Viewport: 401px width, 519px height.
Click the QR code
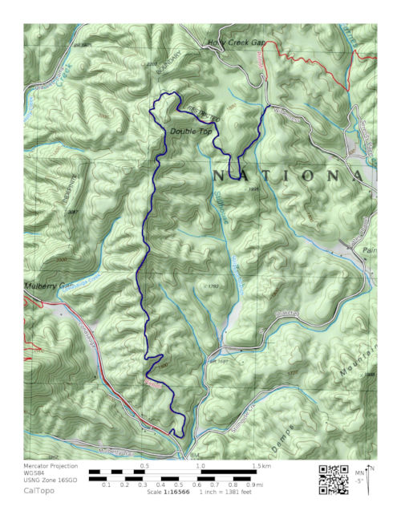click(334, 478)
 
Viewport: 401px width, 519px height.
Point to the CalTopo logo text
click(39, 490)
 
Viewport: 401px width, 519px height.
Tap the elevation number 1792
click(213, 286)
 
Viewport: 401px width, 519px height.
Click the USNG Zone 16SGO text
click(53, 480)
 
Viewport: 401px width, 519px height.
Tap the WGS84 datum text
click(37, 473)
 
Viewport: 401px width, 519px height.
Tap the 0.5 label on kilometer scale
click(144, 465)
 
